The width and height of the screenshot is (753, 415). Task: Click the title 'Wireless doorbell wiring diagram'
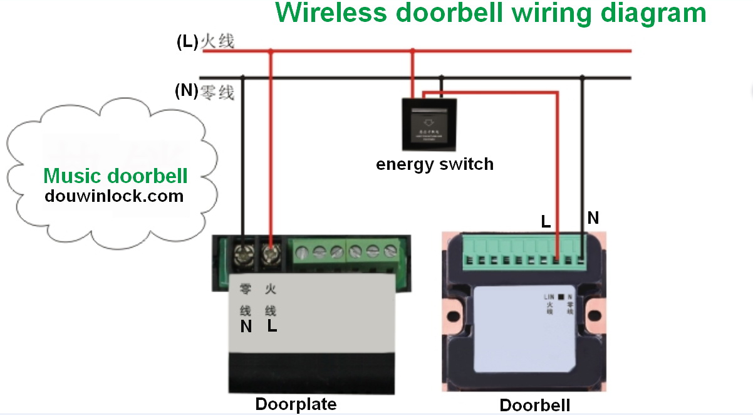491,13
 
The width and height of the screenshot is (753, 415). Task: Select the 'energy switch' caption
435,165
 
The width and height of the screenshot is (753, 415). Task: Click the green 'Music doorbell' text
116,176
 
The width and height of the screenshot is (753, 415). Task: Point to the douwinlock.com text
114,196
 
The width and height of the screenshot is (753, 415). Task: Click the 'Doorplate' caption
296,404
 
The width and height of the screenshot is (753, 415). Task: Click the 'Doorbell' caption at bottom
535,404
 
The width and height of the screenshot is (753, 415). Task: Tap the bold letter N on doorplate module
246,327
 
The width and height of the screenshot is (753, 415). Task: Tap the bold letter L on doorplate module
272,327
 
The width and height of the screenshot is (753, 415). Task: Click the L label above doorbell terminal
546,221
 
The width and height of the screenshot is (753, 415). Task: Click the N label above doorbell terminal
593,218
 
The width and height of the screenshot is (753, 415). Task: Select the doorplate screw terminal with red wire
270,254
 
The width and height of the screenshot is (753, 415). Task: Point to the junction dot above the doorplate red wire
270,51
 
